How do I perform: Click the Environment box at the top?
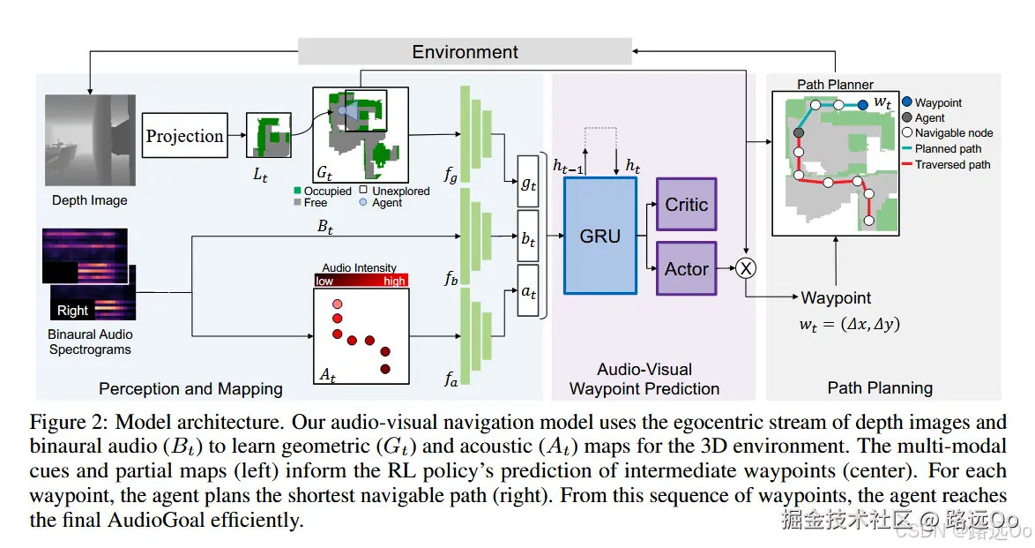[x=465, y=51]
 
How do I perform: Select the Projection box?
[x=184, y=136]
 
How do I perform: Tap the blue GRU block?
[x=599, y=236]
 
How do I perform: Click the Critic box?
[x=686, y=205]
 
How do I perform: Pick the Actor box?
[x=686, y=268]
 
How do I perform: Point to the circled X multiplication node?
[x=747, y=268]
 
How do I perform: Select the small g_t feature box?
[x=527, y=183]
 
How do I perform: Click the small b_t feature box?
[x=527, y=236]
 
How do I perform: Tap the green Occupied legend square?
[x=298, y=191]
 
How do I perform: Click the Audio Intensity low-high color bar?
[x=360, y=281]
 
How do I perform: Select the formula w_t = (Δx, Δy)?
[x=849, y=324]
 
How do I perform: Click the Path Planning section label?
[x=879, y=387]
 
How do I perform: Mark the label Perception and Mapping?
[x=190, y=388]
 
